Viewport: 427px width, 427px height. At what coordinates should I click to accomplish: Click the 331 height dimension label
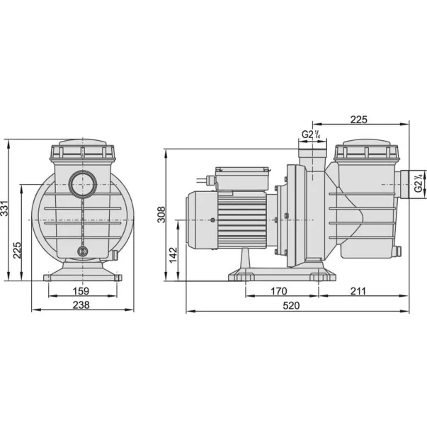pos(4,209)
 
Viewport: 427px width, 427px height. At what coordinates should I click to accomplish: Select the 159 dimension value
pos(81,291)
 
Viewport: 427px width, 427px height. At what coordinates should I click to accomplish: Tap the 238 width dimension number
pos(81,305)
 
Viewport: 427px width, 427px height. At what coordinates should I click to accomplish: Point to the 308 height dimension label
pos(161,215)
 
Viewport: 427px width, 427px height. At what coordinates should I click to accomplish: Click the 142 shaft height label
pos(173,255)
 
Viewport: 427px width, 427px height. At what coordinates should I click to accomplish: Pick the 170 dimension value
pos(278,291)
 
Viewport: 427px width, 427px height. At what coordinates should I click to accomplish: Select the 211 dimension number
pos(358,291)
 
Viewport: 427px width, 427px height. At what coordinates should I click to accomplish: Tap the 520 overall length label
pos(291,305)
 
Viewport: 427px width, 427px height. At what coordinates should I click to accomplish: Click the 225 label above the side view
pos(358,120)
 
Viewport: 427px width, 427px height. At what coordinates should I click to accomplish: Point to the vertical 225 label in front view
pos(17,250)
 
